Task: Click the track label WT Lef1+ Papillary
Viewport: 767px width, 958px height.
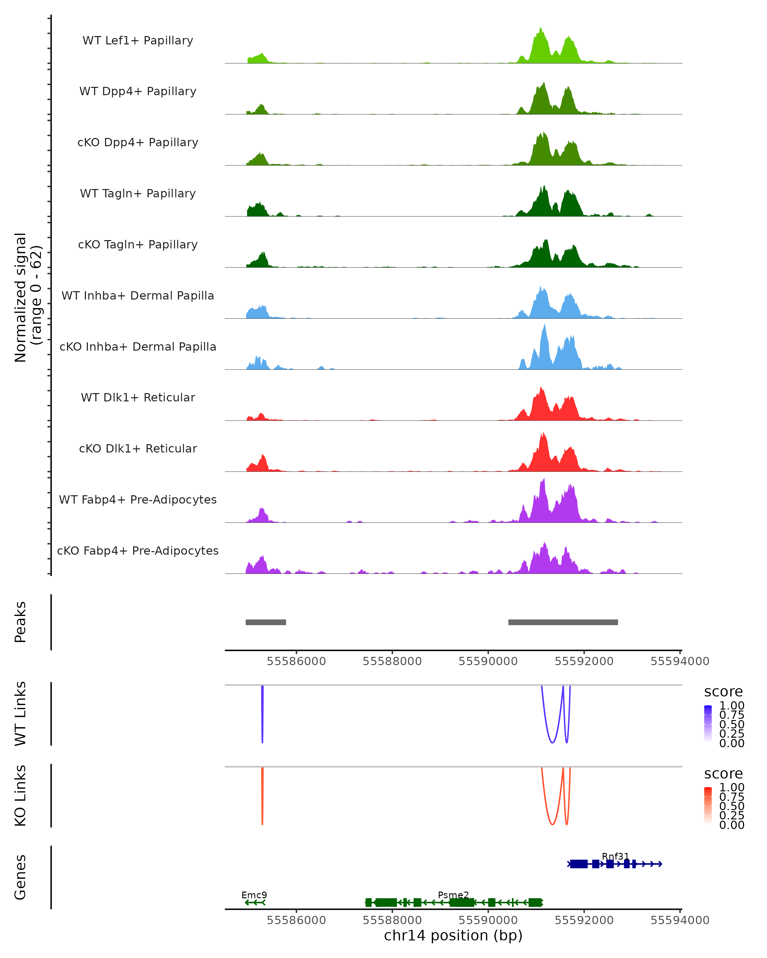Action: point(138,41)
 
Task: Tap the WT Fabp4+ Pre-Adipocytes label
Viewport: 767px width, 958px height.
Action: point(138,499)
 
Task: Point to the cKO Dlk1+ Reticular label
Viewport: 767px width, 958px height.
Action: point(138,448)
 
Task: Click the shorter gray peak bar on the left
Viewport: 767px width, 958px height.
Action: point(266,622)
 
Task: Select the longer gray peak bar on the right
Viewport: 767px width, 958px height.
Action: point(563,622)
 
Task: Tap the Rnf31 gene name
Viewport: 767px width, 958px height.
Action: point(616,856)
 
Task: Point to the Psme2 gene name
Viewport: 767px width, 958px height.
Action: point(453,895)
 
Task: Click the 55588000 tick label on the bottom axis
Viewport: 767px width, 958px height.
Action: point(392,920)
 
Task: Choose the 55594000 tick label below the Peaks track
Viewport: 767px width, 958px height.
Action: point(679,661)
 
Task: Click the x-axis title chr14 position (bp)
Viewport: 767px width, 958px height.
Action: point(453,935)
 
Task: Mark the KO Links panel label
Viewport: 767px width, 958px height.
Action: point(20,795)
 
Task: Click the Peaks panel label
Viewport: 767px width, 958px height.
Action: point(20,622)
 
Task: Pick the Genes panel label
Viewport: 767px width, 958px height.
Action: point(20,877)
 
